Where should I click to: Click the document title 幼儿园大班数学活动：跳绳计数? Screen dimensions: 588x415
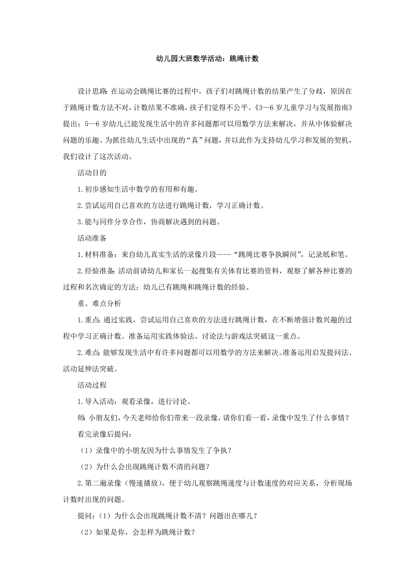[207, 59]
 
